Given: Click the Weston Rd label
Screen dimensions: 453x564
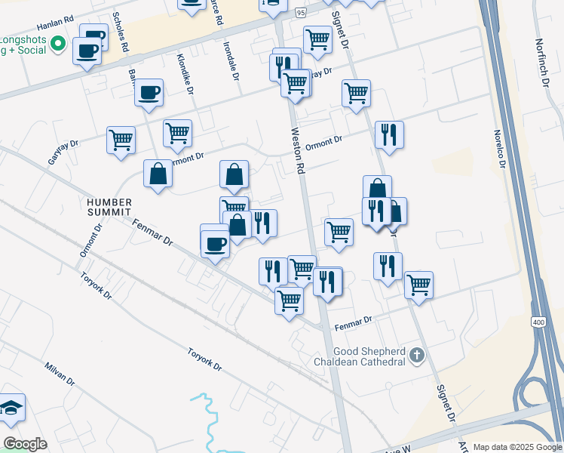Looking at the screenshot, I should point(299,151).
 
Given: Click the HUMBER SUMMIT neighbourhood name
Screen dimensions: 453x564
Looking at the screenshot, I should point(109,208).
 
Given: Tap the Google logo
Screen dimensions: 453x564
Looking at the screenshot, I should point(25,443).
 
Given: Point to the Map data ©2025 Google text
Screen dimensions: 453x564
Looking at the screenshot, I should point(516,447).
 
